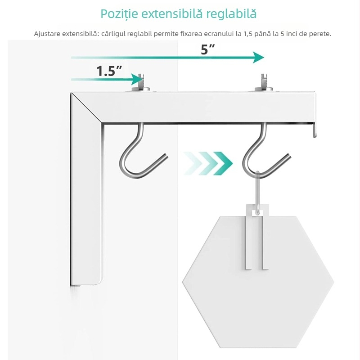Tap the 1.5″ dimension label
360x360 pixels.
pyautogui.click(x=110, y=71)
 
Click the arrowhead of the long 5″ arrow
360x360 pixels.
pyautogui.click(x=258, y=57)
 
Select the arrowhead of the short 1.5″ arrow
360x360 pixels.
pyautogui.click(x=137, y=80)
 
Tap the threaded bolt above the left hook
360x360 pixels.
pyautogui.click(x=145, y=81)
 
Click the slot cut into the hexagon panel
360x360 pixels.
pyautogui.click(x=255, y=245)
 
